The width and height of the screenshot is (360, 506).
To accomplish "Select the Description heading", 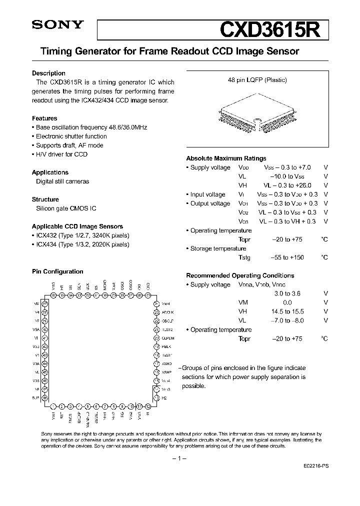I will [x=48, y=73].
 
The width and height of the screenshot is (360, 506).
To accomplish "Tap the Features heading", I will [x=44, y=118].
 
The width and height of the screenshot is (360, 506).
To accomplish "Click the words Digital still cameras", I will [x=62, y=181].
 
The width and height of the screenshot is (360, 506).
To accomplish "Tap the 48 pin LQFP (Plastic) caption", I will [x=257, y=80].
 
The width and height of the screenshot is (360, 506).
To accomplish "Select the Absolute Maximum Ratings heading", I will [x=226, y=158].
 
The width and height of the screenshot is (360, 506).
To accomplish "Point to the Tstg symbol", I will [x=244, y=257].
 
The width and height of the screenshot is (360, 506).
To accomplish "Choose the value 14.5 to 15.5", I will [x=287, y=311].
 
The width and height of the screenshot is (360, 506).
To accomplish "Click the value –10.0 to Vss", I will [x=287, y=176].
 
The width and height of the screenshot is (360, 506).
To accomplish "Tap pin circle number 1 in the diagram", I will [x=53, y=406].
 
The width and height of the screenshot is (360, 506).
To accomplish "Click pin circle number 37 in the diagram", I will [x=44, y=303].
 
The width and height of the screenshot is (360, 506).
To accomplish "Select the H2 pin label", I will [x=163, y=398].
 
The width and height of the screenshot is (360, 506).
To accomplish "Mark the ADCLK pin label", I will [x=167, y=312].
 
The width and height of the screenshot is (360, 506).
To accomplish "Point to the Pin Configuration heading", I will [x=57, y=271].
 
